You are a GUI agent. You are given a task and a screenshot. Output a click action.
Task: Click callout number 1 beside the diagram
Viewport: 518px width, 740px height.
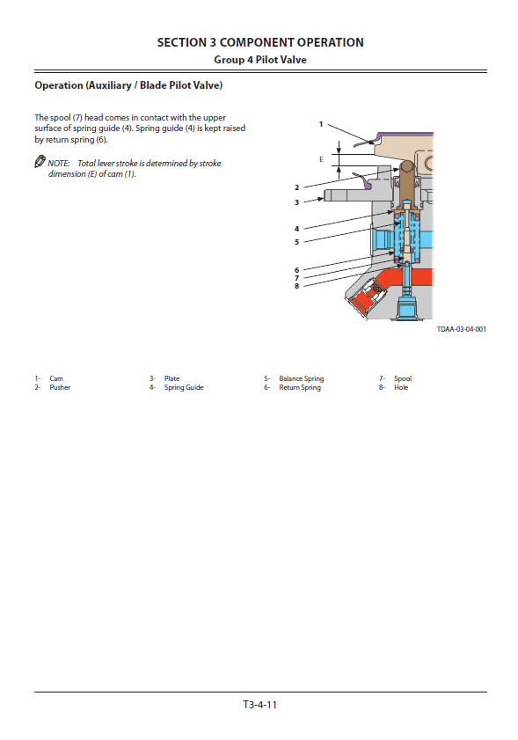[321, 125]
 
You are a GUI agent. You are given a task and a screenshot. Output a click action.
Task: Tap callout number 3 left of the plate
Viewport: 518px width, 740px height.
[296, 202]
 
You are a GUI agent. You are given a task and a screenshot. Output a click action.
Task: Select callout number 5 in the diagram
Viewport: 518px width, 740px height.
[296, 242]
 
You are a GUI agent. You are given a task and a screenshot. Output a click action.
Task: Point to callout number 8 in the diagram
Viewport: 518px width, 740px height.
[296, 286]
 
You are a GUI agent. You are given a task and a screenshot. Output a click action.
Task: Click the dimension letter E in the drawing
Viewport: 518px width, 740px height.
[321, 159]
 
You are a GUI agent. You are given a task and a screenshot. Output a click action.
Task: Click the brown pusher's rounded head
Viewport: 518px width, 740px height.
[407, 166]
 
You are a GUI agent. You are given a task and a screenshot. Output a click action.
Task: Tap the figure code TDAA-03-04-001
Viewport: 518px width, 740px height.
[462, 329]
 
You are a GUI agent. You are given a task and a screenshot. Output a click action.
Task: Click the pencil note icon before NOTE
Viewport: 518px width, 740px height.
[40, 161]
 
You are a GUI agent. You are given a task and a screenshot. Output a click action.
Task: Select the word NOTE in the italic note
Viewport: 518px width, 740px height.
[59, 164]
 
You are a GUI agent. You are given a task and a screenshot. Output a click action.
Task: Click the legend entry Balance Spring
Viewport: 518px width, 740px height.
[302, 378]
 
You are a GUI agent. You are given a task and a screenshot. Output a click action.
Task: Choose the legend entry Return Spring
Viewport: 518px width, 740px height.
[300, 387]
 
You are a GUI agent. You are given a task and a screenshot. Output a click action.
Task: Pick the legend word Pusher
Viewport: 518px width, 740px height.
[60, 387]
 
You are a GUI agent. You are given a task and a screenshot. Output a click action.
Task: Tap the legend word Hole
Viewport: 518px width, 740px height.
[401, 387]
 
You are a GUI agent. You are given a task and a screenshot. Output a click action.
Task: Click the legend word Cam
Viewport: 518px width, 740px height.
[56, 378]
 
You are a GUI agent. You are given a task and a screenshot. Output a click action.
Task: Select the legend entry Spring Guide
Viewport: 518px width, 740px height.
[184, 387]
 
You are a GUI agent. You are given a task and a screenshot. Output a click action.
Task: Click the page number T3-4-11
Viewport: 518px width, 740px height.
[260, 705]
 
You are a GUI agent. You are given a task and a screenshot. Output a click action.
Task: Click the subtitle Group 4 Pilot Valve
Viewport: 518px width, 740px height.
[260, 60]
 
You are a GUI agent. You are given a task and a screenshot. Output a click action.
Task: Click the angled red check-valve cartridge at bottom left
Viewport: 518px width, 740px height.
[367, 297]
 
